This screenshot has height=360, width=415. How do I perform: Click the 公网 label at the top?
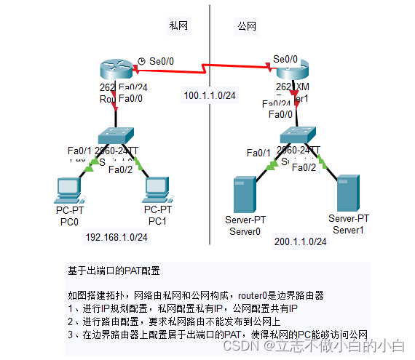(247, 25)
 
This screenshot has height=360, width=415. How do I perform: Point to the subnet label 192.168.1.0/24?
(116, 237)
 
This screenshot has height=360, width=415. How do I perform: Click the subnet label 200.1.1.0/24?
(300, 241)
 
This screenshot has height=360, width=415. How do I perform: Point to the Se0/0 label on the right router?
(285, 58)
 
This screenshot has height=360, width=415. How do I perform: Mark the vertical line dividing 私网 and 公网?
(210, 44)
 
